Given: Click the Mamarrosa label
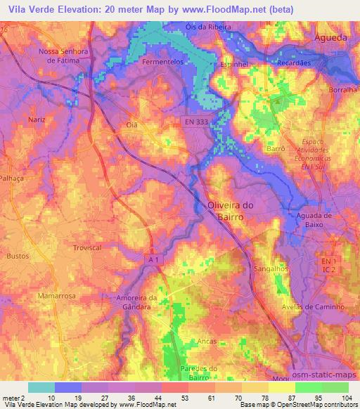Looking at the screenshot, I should (57, 297).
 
